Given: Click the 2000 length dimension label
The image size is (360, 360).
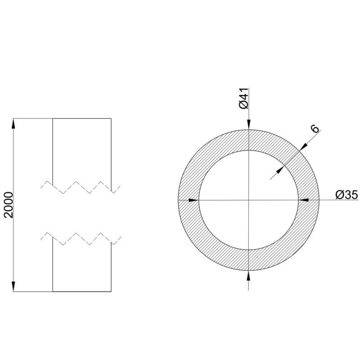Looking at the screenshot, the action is (x=9, y=205).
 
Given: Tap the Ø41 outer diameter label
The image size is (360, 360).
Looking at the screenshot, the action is (x=243, y=98).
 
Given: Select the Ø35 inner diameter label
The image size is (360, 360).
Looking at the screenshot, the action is (x=346, y=195).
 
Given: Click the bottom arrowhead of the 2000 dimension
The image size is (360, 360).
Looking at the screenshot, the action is (x=13, y=287).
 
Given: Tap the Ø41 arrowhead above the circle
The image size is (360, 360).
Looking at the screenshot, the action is (x=249, y=125).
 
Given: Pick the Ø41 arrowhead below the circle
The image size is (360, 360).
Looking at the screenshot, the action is (x=249, y=275).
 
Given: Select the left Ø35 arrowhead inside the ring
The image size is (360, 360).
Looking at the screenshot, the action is (x=193, y=200).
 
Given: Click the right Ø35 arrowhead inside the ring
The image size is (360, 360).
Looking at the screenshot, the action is (x=304, y=200).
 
